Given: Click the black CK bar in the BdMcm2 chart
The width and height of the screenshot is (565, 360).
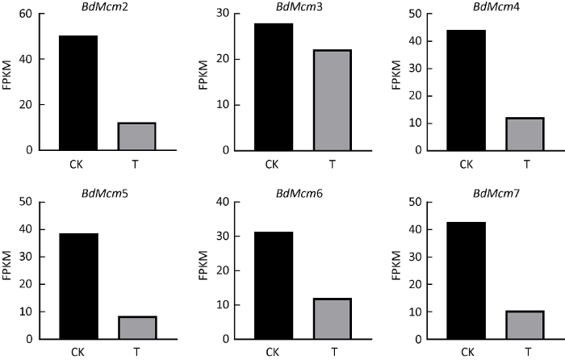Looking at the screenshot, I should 78,93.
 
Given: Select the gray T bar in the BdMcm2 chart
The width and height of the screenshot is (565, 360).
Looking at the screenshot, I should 136,136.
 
